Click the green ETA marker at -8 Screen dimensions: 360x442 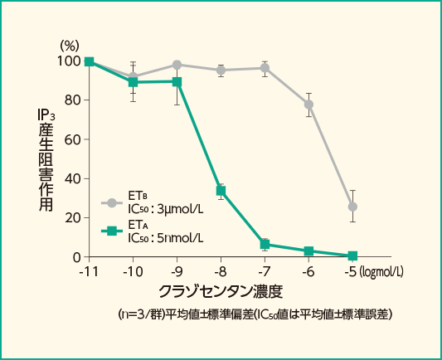(221, 191)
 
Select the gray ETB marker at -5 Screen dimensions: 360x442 (352, 207)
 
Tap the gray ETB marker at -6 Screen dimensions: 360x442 (309, 105)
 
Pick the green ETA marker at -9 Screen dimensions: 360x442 (177, 81)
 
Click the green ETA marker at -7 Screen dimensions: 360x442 (265, 244)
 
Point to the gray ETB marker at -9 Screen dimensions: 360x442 (177, 65)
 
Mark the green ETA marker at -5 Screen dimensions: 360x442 (352, 255)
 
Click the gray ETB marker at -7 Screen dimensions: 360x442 (265, 68)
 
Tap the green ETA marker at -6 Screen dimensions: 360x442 (309, 251)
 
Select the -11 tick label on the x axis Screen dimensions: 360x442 (89, 271)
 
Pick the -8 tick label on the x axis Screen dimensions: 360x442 (221, 271)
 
